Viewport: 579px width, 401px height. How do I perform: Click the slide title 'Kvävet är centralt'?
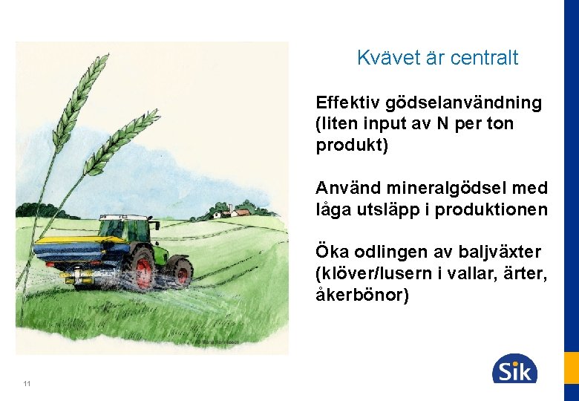tap(437, 58)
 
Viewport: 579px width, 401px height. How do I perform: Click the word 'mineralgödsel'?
tap(441, 188)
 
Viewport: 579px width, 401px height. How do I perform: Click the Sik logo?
tap(514, 368)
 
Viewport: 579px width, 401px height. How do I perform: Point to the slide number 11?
tap(27, 383)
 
